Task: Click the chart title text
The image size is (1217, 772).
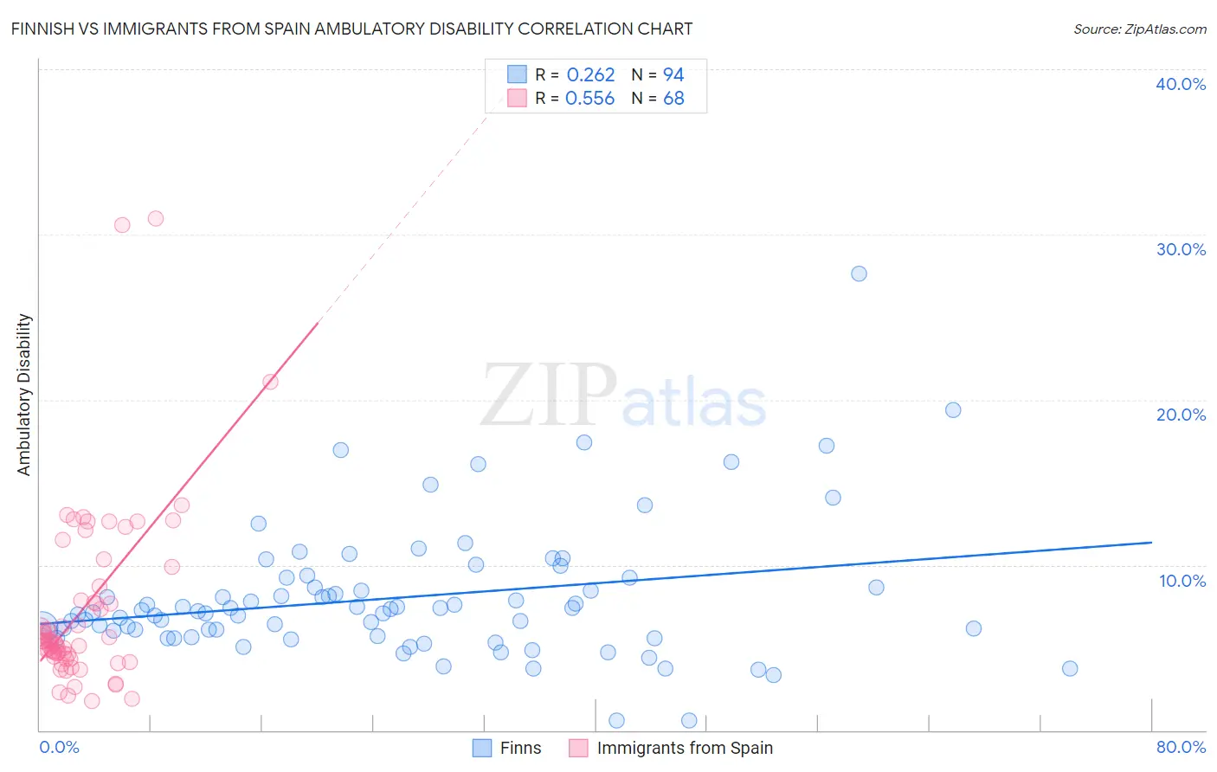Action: pos(351,29)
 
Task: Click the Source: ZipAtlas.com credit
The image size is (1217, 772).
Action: pos(1139,29)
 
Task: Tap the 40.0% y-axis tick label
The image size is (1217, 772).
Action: pos(1180,84)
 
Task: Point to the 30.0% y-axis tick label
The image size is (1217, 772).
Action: pos(1180,249)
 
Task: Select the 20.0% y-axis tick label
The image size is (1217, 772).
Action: pos(1180,415)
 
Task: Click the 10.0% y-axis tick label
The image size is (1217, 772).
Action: pos(1182,581)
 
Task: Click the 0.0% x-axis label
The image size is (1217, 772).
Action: pos(59,747)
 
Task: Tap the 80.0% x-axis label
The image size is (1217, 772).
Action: pos(1181,747)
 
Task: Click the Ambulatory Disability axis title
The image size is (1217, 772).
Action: pos(24,394)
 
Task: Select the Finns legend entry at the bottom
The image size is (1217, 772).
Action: pos(507,748)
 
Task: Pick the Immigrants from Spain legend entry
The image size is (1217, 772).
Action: pos(671,748)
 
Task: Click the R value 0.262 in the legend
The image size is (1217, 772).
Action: pos(590,75)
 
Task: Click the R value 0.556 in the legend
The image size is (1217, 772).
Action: pos(589,99)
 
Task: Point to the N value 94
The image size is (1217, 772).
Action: pos(673,75)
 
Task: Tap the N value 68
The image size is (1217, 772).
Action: pos(673,99)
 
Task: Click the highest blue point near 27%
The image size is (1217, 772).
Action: pos(859,273)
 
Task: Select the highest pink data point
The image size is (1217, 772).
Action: pos(156,218)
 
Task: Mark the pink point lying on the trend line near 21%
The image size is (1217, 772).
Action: pos(270,382)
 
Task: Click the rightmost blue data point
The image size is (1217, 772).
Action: pos(1070,668)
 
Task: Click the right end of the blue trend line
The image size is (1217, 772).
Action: pos(1151,542)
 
